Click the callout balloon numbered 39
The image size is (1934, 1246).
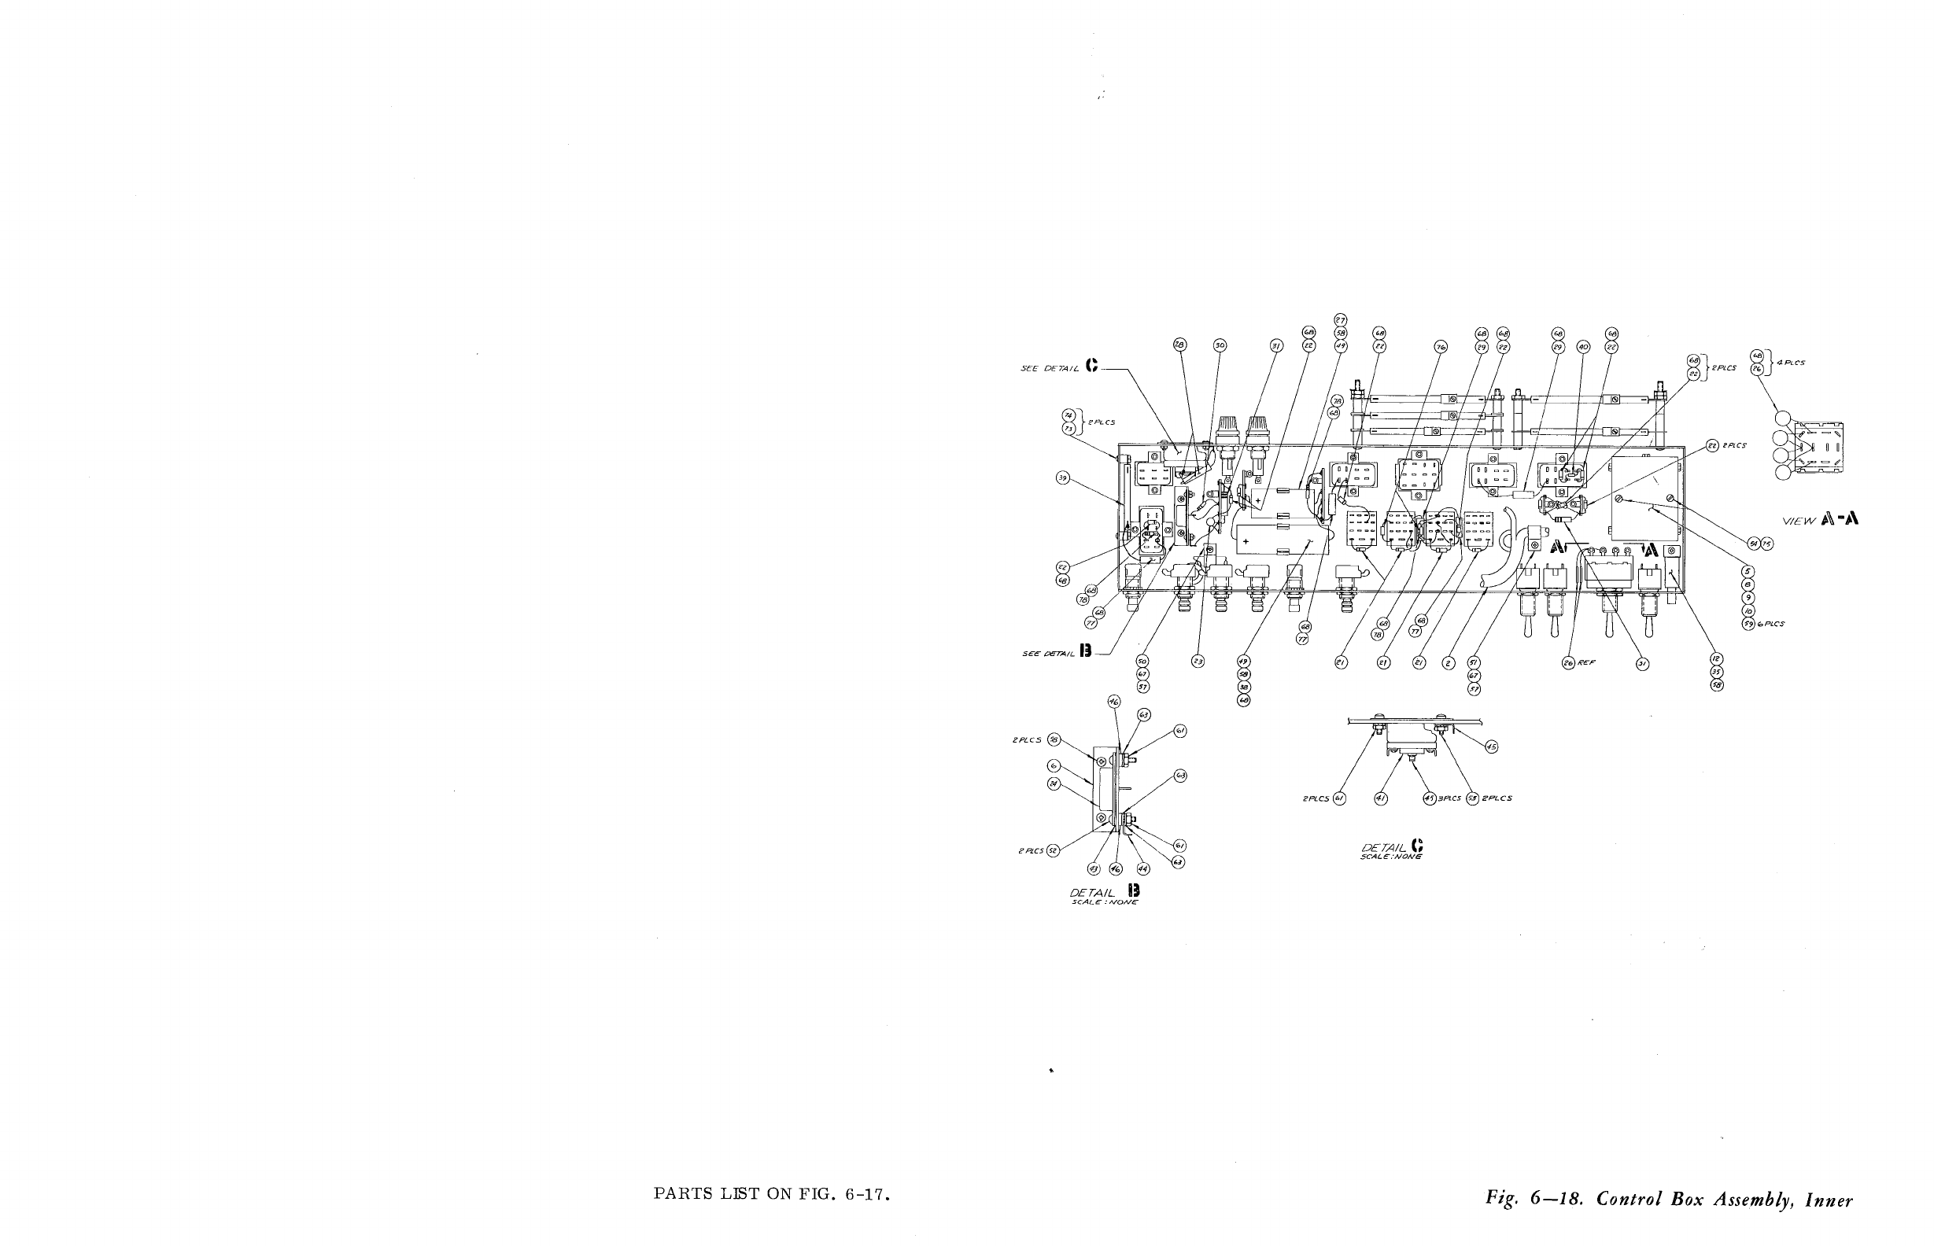coord(1062,478)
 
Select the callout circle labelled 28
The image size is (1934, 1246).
coord(1179,345)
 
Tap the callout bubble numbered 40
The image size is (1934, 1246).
coord(1584,346)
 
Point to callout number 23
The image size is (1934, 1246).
coord(1198,662)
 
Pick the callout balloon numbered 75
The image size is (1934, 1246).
coord(1768,544)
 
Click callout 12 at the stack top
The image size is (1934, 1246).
coord(1716,658)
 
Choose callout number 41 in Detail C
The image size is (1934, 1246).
coord(1381,798)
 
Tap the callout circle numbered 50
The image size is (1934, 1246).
coord(1142,661)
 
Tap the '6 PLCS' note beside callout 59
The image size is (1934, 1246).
coord(1770,624)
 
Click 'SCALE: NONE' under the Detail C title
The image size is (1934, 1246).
coord(1391,857)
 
